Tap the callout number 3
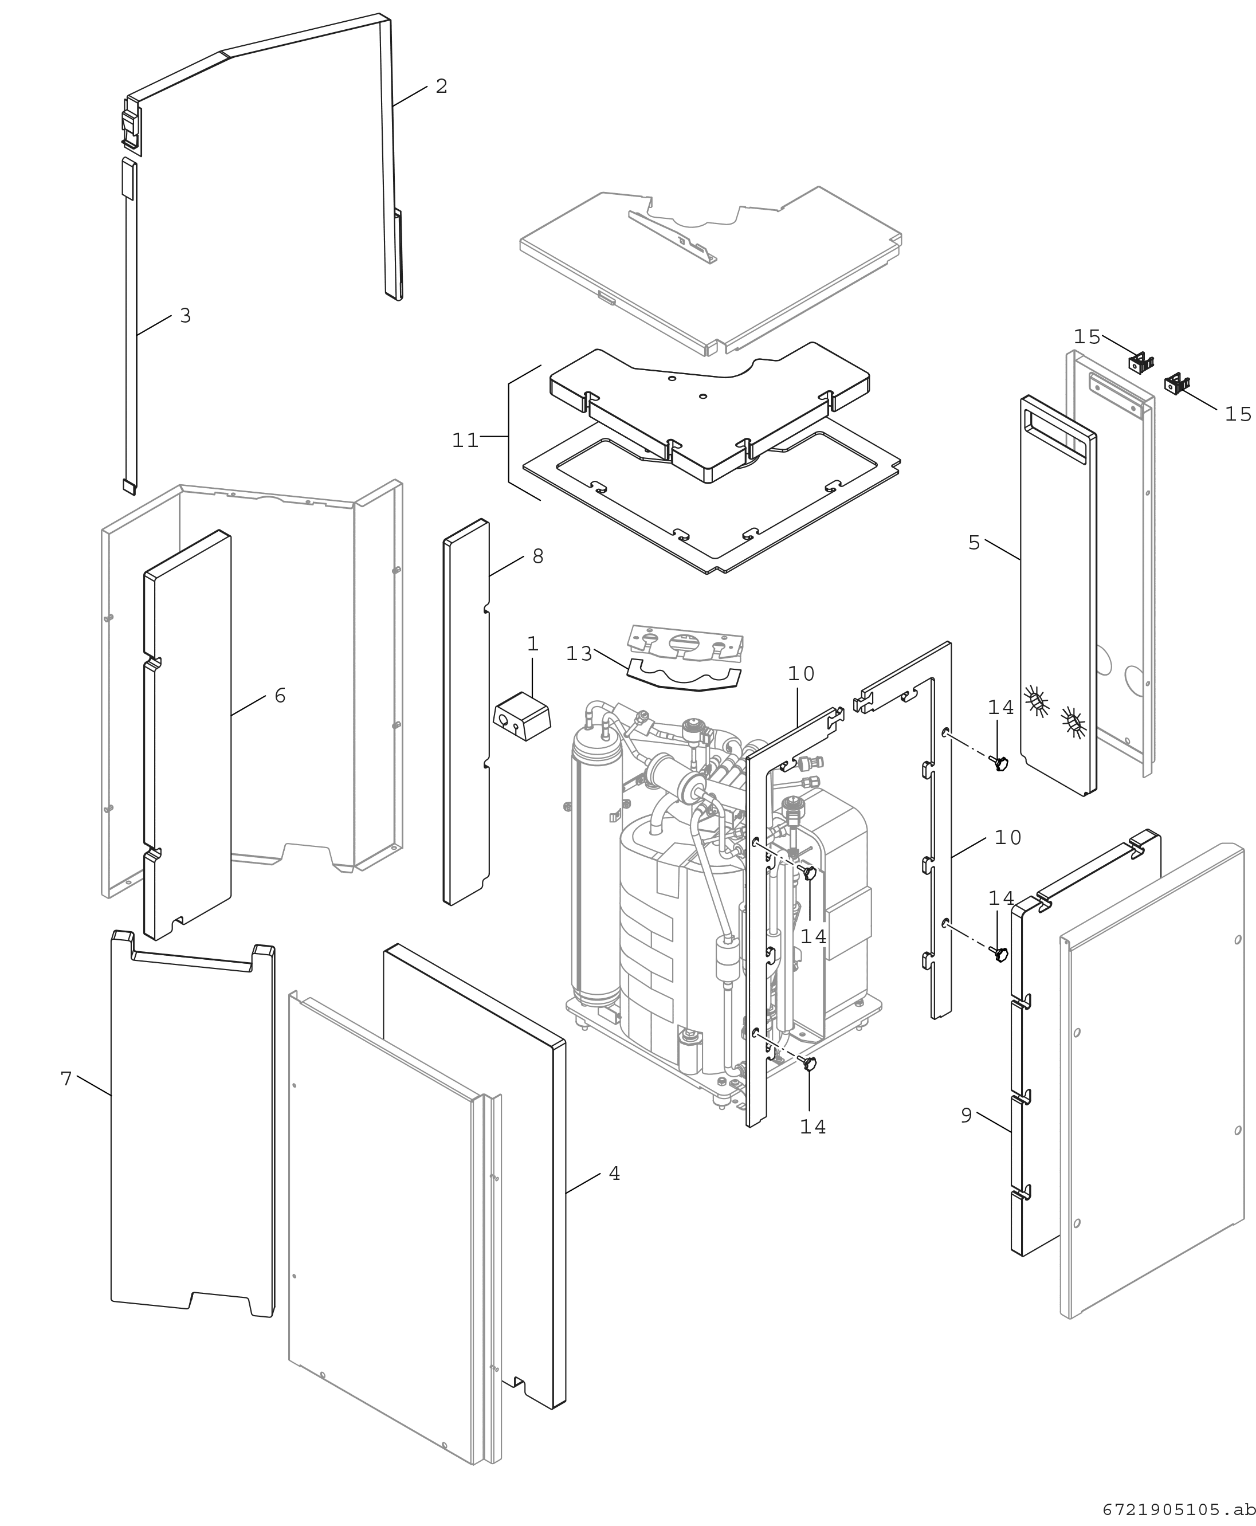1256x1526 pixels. click(185, 316)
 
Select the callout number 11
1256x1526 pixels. click(465, 440)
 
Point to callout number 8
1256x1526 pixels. click(537, 556)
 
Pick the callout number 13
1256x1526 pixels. click(579, 653)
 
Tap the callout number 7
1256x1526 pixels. click(66, 1079)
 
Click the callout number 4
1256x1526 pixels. click(614, 1174)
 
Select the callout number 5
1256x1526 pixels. click(974, 543)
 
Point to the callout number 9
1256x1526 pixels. click(966, 1116)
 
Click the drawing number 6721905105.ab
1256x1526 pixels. click(1179, 1510)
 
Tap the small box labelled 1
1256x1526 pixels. click(521, 717)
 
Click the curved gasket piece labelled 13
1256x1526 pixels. click(684, 675)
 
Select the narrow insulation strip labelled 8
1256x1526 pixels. click(466, 712)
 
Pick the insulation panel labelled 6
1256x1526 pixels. click(188, 735)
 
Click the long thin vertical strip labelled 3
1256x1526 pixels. click(130, 326)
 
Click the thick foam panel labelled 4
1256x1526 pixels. click(474, 1176)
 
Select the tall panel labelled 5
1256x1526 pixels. click(1058, 595)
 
